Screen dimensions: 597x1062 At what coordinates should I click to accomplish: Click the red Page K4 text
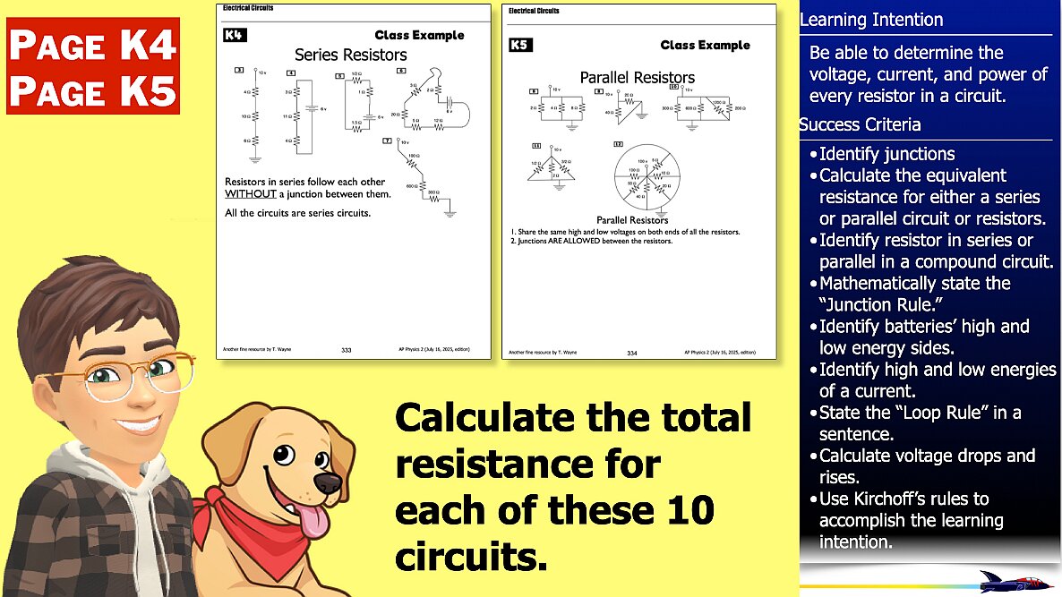tap(92, 44)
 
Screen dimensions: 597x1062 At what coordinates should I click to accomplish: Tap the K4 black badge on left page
tap(234, 36)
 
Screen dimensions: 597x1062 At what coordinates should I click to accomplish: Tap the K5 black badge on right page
tap(519, 45)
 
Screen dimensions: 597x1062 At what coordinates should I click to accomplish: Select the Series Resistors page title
tap(350, 55)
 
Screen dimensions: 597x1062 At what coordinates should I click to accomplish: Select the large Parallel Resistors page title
tap(637, 78)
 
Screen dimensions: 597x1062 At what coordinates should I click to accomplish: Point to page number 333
tap(347, 351)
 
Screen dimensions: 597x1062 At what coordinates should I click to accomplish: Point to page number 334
tap(632, 353)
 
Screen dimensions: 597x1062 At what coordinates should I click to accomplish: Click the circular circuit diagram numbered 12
tap(645, 177)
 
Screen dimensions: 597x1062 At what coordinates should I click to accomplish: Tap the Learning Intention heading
tap(870, 20)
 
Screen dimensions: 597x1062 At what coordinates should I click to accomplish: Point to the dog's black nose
tap(328, 484)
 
